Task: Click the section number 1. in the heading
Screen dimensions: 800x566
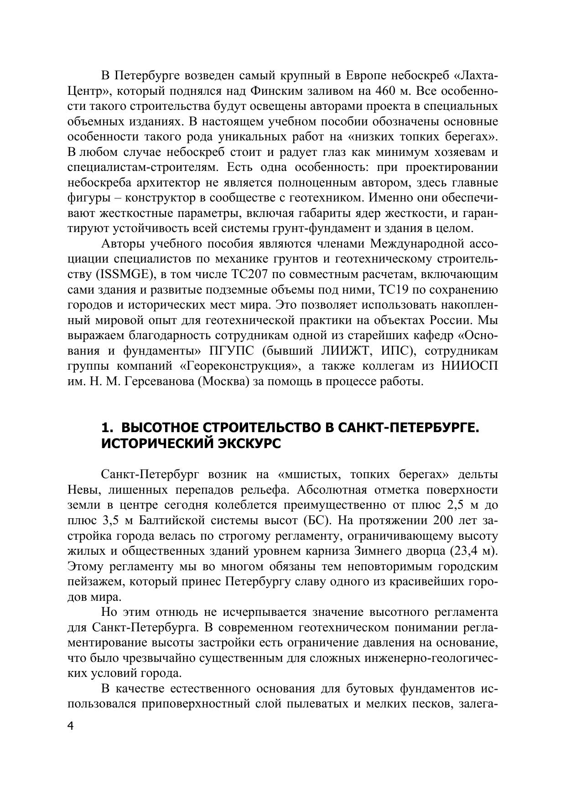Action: click(107, 428)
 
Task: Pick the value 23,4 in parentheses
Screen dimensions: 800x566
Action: click(467, 551)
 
